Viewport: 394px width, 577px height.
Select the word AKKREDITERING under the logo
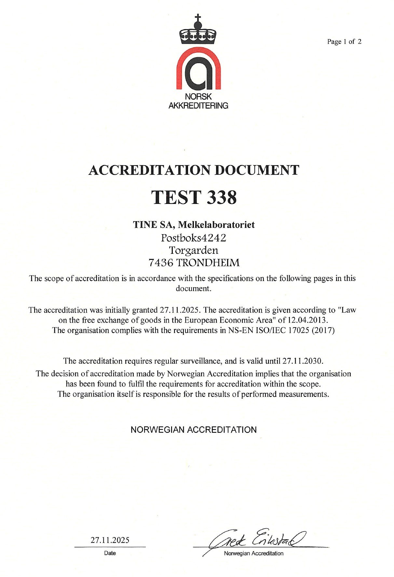coord(198,105)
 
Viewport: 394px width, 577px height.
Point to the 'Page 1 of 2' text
coord(344,42)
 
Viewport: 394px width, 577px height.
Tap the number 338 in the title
coord(221,197)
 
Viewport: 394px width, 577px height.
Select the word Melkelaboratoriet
coord(217,224)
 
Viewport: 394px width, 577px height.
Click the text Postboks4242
coord(194,238)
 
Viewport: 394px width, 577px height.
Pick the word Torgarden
coord(194,250)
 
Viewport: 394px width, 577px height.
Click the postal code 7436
coord(161,262)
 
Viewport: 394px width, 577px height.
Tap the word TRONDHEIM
coord(208,262)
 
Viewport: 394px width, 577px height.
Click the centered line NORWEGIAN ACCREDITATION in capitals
coord(194,430)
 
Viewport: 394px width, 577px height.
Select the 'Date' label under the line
coord(110,553)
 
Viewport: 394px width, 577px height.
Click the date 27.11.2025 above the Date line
coord(110,540)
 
